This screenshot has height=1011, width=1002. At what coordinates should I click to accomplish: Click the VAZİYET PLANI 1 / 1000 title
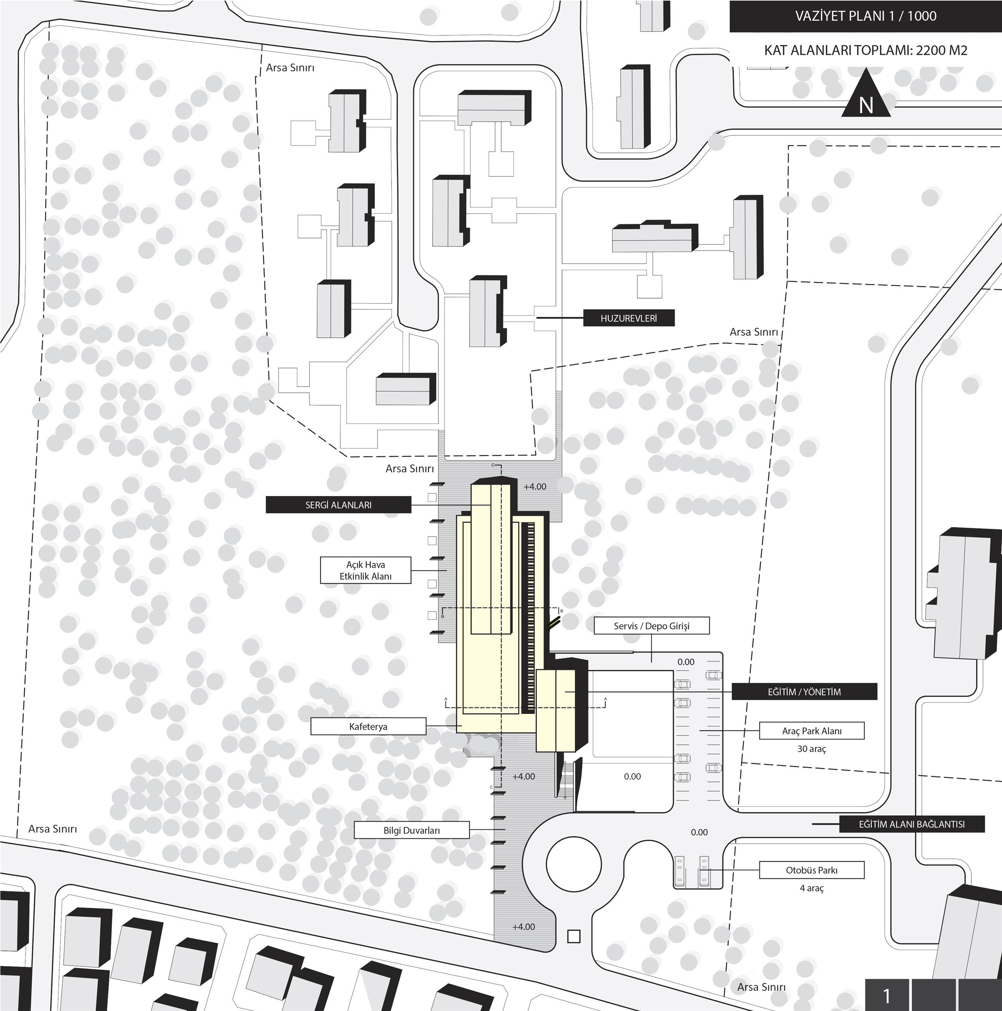[865, 16]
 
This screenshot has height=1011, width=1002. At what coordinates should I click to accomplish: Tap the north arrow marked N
[866, 94]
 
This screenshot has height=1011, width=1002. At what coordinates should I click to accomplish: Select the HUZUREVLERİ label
[629, 318]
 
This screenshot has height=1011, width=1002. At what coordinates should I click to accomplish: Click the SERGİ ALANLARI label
[338, 505]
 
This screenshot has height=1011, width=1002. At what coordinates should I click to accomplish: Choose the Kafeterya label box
[368, 726]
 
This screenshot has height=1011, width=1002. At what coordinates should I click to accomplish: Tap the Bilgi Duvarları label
[412, 830]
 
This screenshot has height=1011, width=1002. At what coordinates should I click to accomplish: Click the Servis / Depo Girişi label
[652, 626]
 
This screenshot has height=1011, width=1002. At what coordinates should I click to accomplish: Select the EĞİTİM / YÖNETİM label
[804, 692]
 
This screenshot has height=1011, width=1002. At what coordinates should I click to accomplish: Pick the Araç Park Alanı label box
[812, 731]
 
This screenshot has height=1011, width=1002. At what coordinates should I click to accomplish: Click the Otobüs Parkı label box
[812, 870]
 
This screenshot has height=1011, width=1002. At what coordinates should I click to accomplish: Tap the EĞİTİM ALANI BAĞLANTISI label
[912, 824]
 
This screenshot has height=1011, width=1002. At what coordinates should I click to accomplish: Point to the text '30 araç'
[812, 749]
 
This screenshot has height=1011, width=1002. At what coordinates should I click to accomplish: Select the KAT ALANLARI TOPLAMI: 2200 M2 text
[866, 51]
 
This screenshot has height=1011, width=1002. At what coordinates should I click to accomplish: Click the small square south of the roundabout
[574, 937]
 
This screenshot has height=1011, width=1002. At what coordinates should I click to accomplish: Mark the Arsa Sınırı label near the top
[290, 68]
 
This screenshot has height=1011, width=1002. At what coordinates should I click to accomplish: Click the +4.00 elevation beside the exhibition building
[535, 487]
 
